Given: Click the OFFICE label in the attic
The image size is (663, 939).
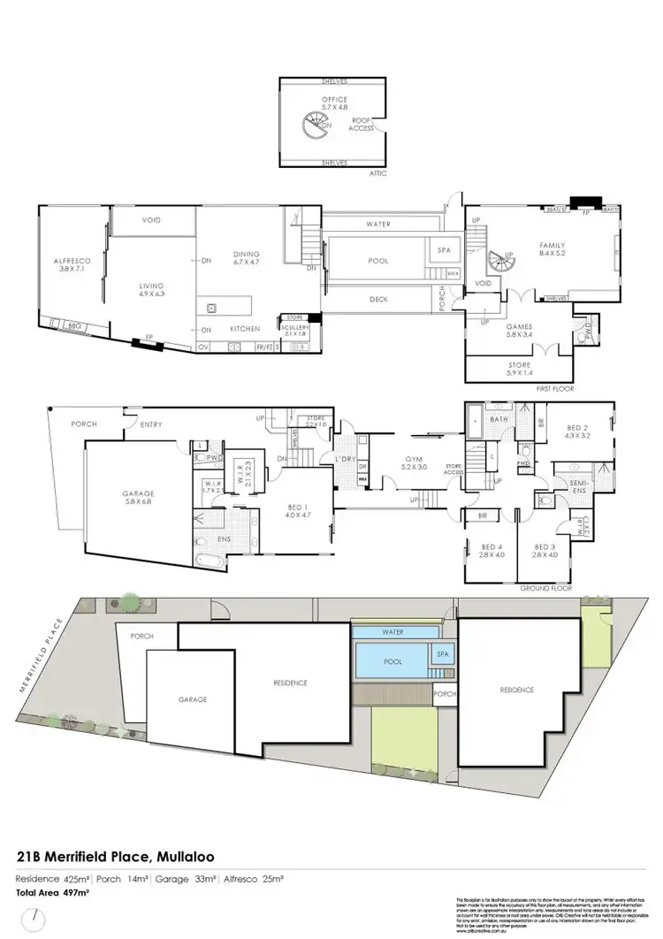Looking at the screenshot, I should click(x=334, y=100).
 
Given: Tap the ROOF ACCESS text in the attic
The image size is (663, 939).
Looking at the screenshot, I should click(x=360, y=123).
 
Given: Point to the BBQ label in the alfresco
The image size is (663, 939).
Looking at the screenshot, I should click(x=74, y=326).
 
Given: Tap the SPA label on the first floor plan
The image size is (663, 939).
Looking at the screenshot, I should click(x=444, y=251).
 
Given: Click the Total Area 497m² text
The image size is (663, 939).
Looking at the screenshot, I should click(x=53, y=894).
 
